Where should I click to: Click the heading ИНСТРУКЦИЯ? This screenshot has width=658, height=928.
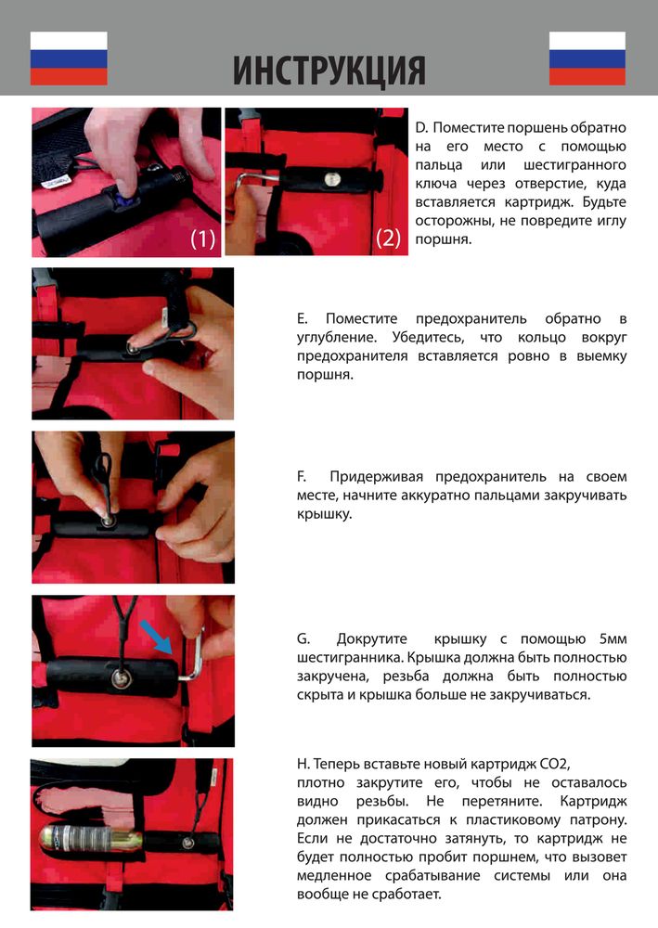(x=329, y=70)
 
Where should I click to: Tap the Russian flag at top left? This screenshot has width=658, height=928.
(x=69, y=58)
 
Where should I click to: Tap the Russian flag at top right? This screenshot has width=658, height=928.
(x=587, y=58)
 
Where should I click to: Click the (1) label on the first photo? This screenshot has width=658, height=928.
(x=202, y=238)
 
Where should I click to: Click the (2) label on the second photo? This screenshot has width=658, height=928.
(x=388, y=238)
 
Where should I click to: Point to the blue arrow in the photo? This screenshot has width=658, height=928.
(x=156, y=637)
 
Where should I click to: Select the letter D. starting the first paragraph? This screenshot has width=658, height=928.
(x=421, y=127)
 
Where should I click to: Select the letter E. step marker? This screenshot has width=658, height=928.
(x=302, y=318)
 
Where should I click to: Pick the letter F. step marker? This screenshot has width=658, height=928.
(x=302, y=476)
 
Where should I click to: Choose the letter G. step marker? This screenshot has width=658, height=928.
(x=303, y=639)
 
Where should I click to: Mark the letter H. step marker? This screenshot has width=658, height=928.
(x=303, y=764)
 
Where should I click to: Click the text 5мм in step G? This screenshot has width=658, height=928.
(x=613, y=639)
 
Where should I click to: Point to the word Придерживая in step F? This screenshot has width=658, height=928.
(x=377, y=477)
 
